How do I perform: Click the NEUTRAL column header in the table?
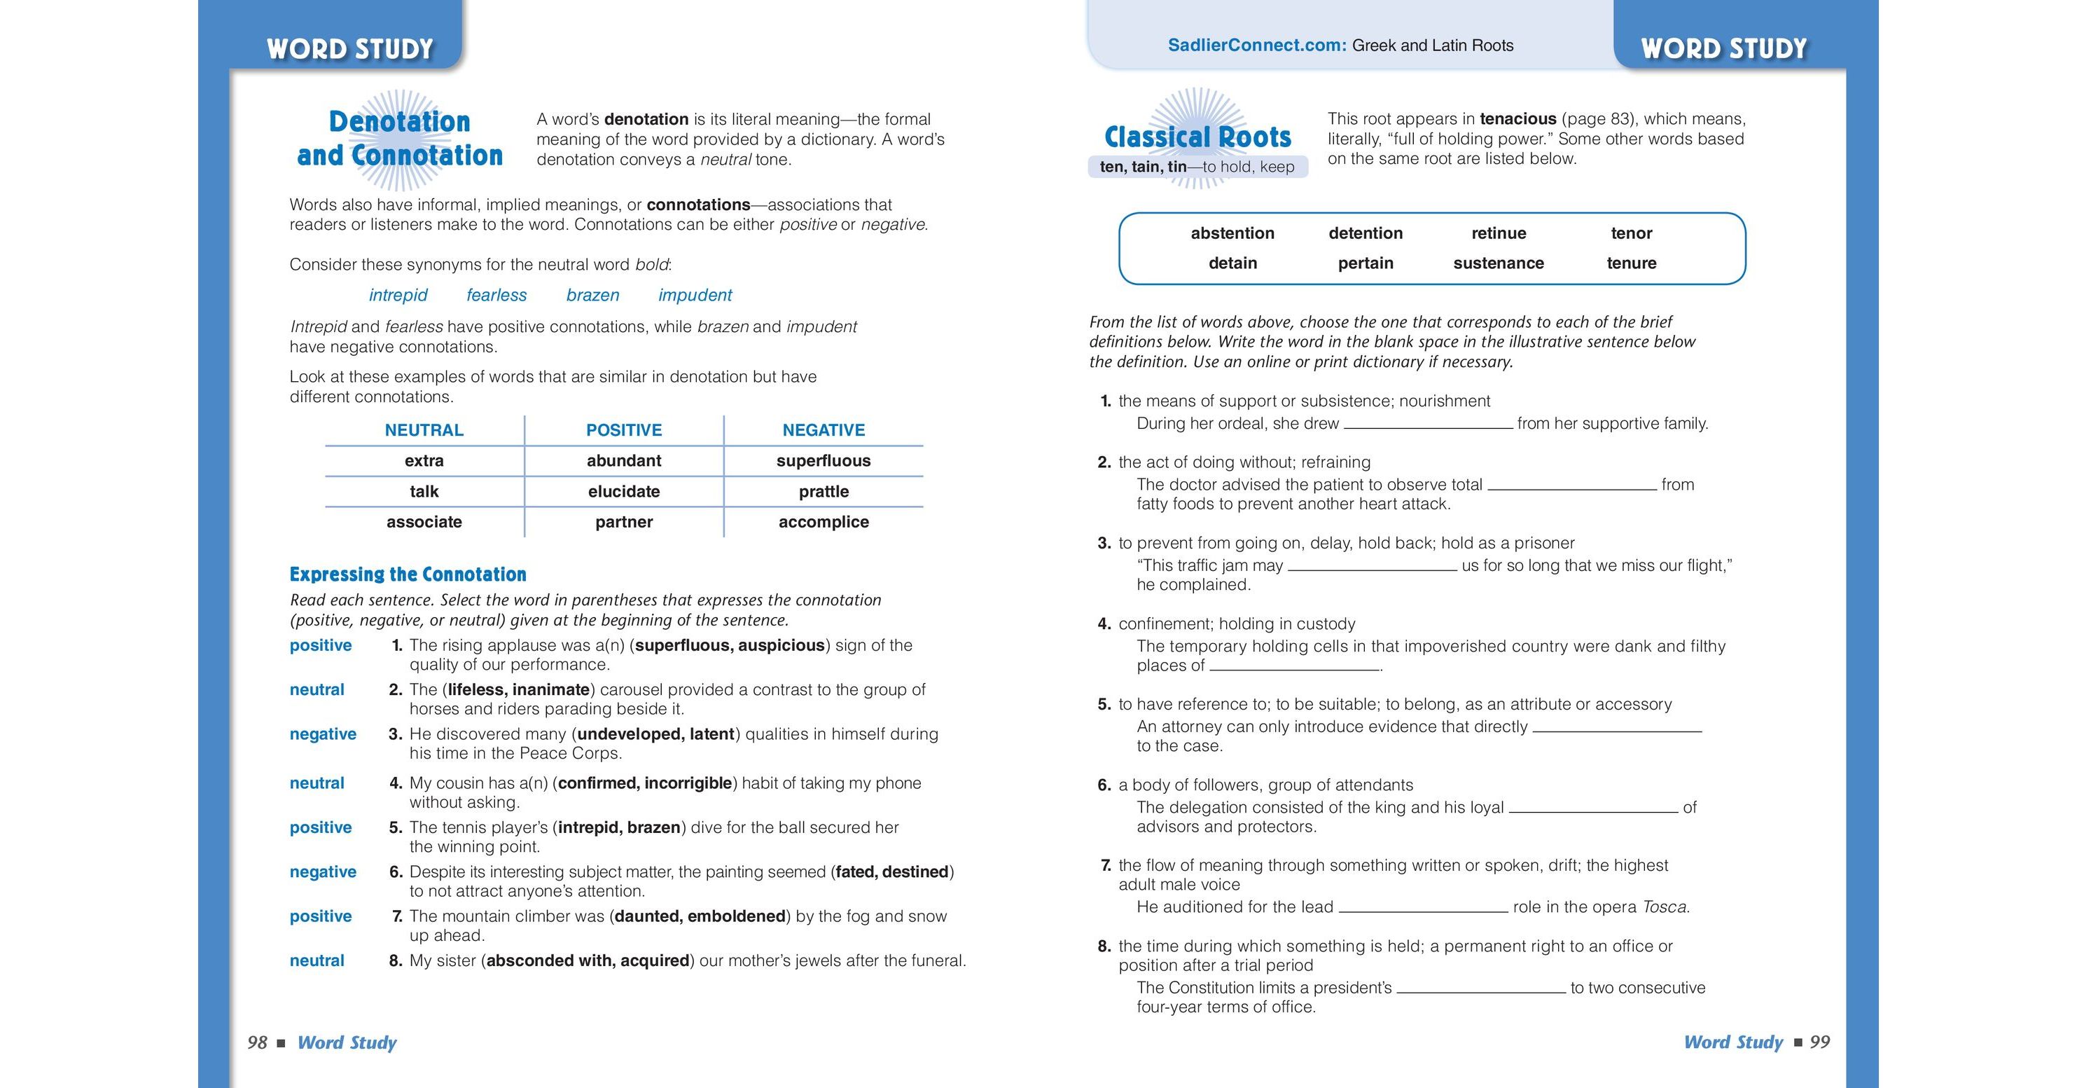[x=424, y=430]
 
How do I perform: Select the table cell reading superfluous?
[x=824, y=460]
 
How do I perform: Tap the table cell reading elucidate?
[x=623, y=491]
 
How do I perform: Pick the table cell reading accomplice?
[x=824, y=522]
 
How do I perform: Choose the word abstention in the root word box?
[x=1232, y=233]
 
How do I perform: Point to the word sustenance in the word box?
[x=1498, y=263]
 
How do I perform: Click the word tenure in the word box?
[x=1631, y=263]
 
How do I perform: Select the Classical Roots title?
[x=1197, y=137]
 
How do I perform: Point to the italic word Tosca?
[x=1664, y=907]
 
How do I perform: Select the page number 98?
[x=257, y=1042]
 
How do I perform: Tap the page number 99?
[x=1820, y=1042]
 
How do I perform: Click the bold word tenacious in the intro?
[x=1517, y=119]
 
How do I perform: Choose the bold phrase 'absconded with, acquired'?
[x=588, y=960]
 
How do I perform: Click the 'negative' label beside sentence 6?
[x=323, y=872]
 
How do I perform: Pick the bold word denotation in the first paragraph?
[x=646, y=119]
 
